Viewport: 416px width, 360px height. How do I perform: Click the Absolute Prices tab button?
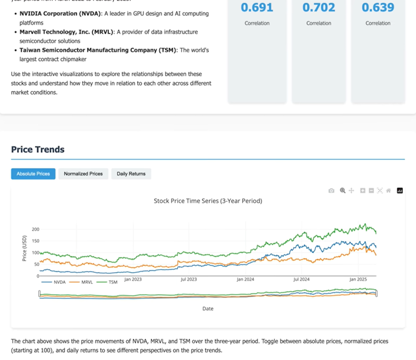(x=33, y=174)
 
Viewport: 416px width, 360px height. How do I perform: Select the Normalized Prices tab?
(x=83, y=174)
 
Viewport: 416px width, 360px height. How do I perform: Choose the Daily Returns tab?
(x=131, y=174)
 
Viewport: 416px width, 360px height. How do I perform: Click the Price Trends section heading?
(x=38, y=150)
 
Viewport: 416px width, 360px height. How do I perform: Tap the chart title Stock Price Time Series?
(x=207, y=201)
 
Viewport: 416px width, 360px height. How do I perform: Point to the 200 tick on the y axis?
(x=35, y=229)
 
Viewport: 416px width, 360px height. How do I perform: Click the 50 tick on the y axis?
(x=37, y=265)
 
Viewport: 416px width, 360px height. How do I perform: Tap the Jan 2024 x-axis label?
(x=245, y=279)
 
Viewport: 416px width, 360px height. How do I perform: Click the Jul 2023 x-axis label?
(x=189, y=279)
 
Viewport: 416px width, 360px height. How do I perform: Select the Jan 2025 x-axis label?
(x=358, y=279)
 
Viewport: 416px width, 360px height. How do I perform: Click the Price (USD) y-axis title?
(x=24, y=248)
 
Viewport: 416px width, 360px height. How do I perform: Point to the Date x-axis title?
(x=207, y=309)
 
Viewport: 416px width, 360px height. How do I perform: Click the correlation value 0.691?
(x=257, y=7)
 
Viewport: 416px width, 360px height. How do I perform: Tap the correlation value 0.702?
(x=319, y=7)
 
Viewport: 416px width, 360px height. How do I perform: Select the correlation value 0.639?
(x=378, y=7)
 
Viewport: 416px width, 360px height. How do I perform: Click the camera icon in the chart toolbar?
(x=331, y=191)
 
